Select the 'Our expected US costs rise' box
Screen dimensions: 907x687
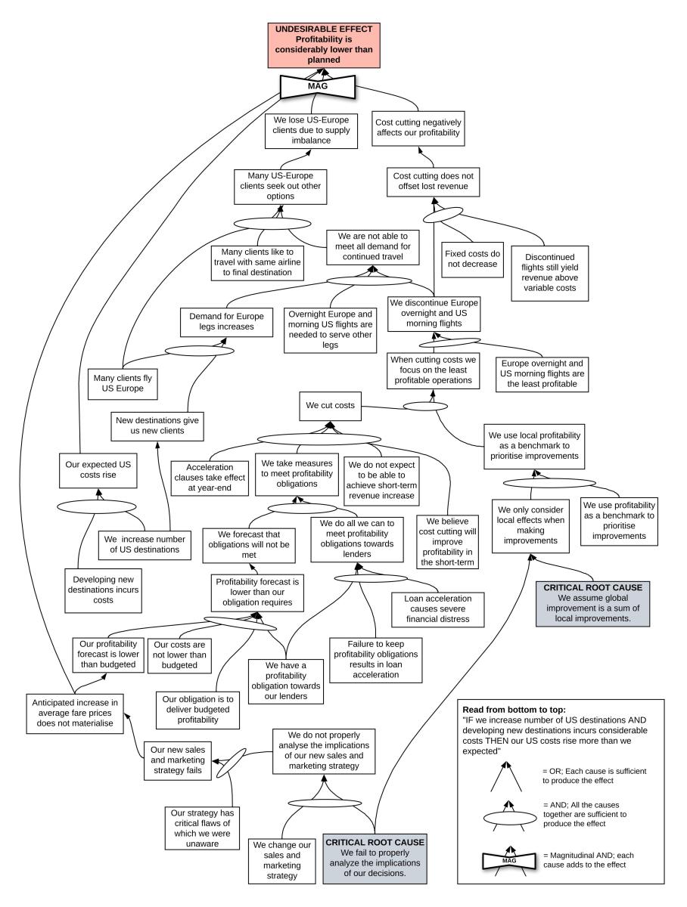click(x=97, y=469)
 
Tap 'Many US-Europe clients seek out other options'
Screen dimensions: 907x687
click(x=280, y=186)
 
